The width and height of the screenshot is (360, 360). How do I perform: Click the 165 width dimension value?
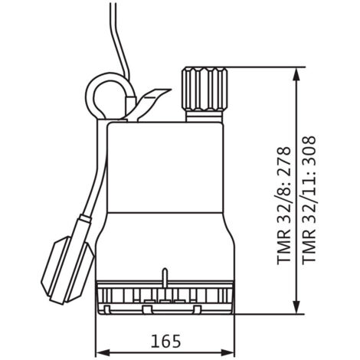tap(165, 341)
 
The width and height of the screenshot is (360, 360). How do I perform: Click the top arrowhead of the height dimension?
tap(296, 74)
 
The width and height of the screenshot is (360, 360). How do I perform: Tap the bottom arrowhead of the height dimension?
tap(296, 306)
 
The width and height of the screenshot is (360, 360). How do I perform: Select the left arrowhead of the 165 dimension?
tap(103, 353)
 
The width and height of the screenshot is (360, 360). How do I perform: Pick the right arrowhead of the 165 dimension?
tap(227, 353)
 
